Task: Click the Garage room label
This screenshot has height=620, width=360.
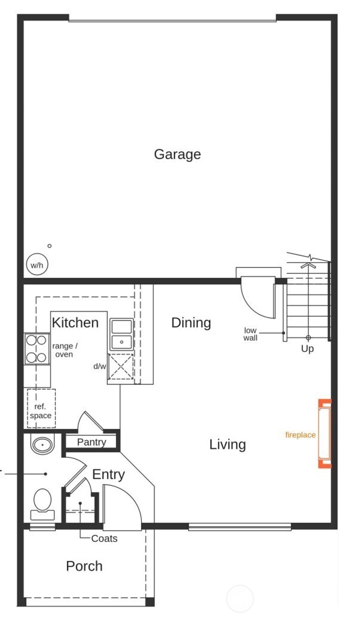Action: [x=177, y=154]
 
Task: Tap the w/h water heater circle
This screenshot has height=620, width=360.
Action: [x=37, y=265]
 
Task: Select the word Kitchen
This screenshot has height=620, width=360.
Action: [x=75, y=322]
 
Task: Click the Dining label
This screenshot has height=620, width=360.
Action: [x=191, y=322]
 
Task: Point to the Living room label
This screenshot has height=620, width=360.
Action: [x=227, y=445]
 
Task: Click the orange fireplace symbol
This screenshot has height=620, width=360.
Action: [x=324, y=434]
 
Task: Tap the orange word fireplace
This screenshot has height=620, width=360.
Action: [x=300, y=435]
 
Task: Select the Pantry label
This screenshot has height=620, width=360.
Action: [x=91, y=442]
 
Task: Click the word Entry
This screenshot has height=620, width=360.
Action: [x=108, y=474]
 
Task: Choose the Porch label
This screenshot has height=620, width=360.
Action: [x=84, y=566]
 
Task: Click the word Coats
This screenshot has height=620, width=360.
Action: [x=104, y=538]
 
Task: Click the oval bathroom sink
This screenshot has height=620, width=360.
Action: [x=43, y=445]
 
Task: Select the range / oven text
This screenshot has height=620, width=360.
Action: [x=65, y=350]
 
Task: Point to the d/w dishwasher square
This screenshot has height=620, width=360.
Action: [x=121, y=367]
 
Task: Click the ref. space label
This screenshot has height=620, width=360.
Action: [x=40, y=411]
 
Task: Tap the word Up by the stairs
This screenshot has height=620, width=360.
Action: [x=307, y=349]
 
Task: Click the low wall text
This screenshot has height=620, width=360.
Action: [x=250, y=334]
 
